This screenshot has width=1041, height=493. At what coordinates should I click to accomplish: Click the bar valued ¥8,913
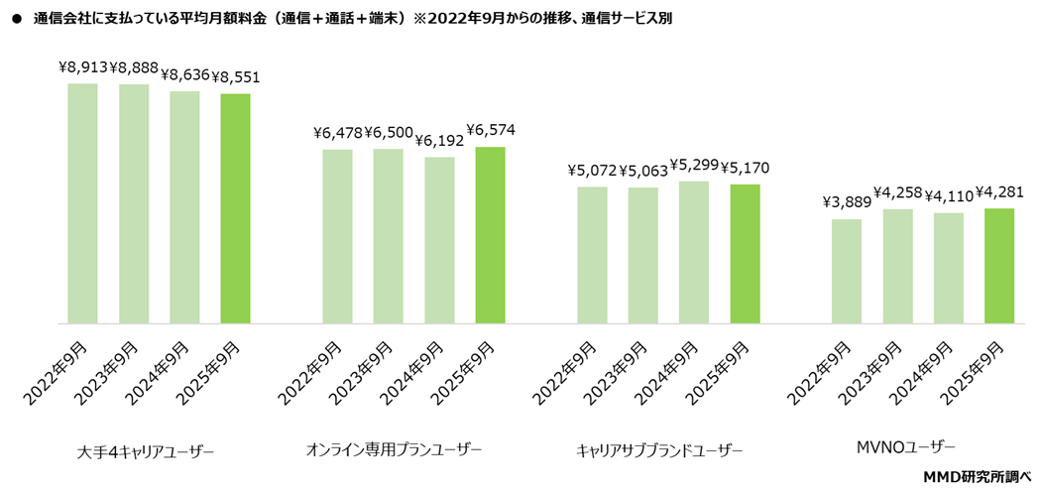click(82, 203)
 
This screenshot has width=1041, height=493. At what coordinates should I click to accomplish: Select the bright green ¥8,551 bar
click(235, 208)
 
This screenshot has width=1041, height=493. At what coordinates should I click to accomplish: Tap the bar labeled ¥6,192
click(439, 240)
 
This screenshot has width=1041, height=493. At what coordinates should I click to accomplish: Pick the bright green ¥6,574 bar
click(491, 235)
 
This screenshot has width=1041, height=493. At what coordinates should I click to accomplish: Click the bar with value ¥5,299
click(694, 252)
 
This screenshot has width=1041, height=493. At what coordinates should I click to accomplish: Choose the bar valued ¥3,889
click(847, 271)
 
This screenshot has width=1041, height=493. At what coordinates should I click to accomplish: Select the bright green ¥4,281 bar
click(999, 266)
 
